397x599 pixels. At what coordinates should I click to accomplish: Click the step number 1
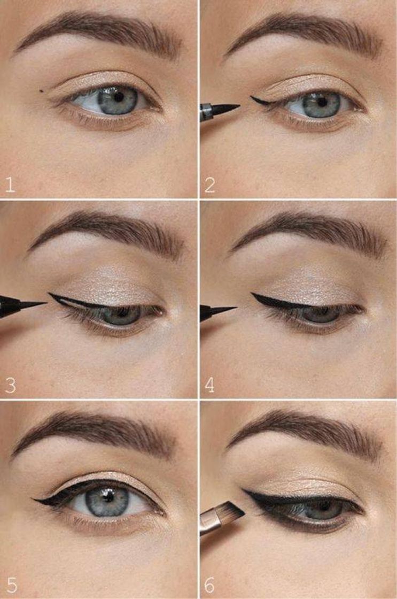pos(10,185)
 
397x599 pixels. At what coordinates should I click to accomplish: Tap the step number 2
pos(210,185)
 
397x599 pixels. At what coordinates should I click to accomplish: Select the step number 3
pos(10,385)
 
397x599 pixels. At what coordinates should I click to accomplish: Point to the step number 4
pos(210,385)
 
